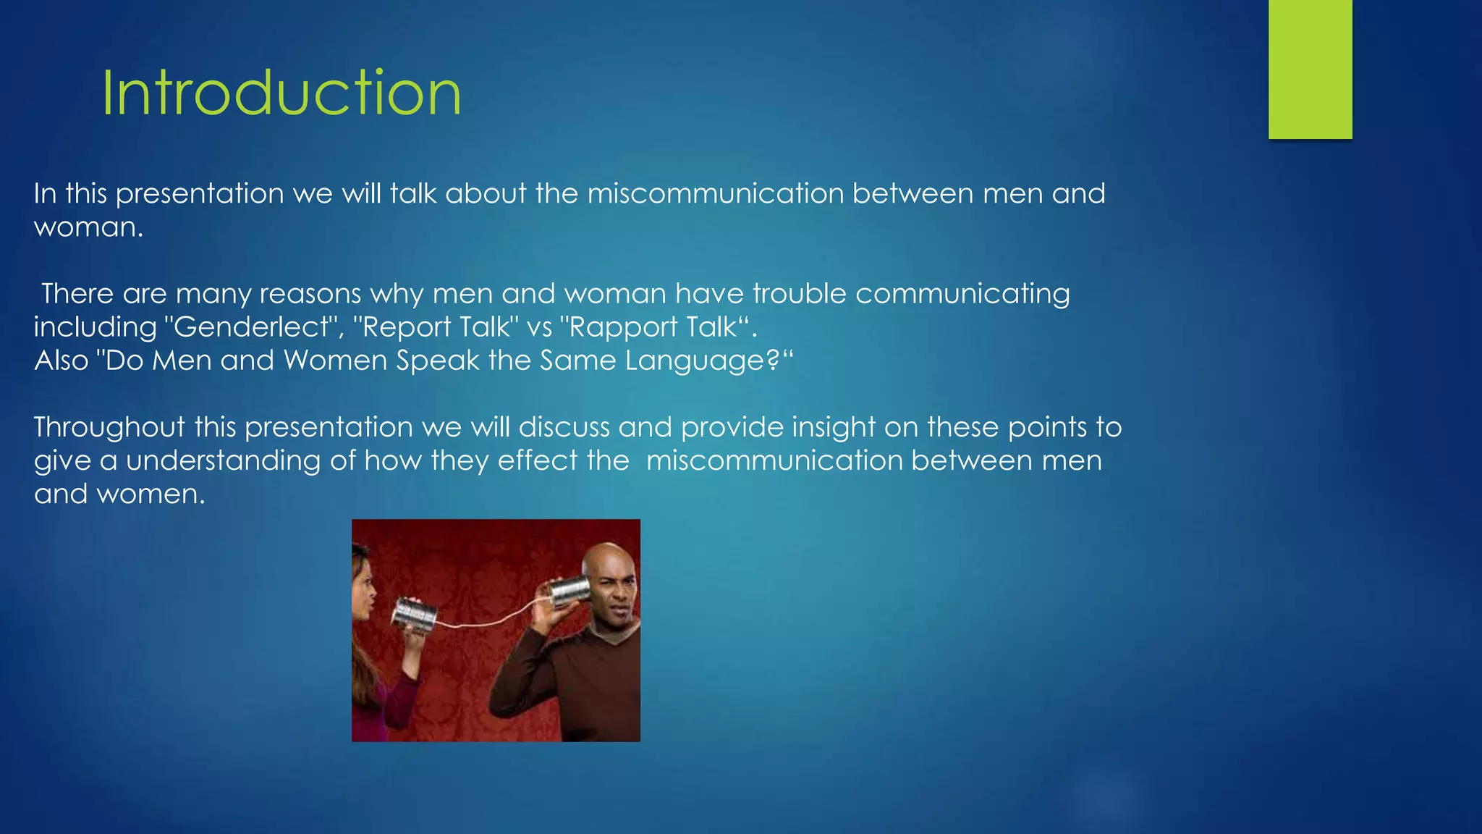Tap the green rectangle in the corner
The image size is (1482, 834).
point(1310,69)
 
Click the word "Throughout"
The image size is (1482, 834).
point(109,427)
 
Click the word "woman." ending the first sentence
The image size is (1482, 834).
point(88,227)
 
